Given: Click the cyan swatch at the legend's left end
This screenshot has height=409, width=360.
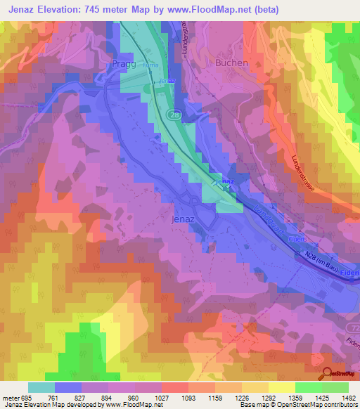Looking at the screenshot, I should [41, 387].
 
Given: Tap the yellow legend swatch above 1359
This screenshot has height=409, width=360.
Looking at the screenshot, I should [281, 387].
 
